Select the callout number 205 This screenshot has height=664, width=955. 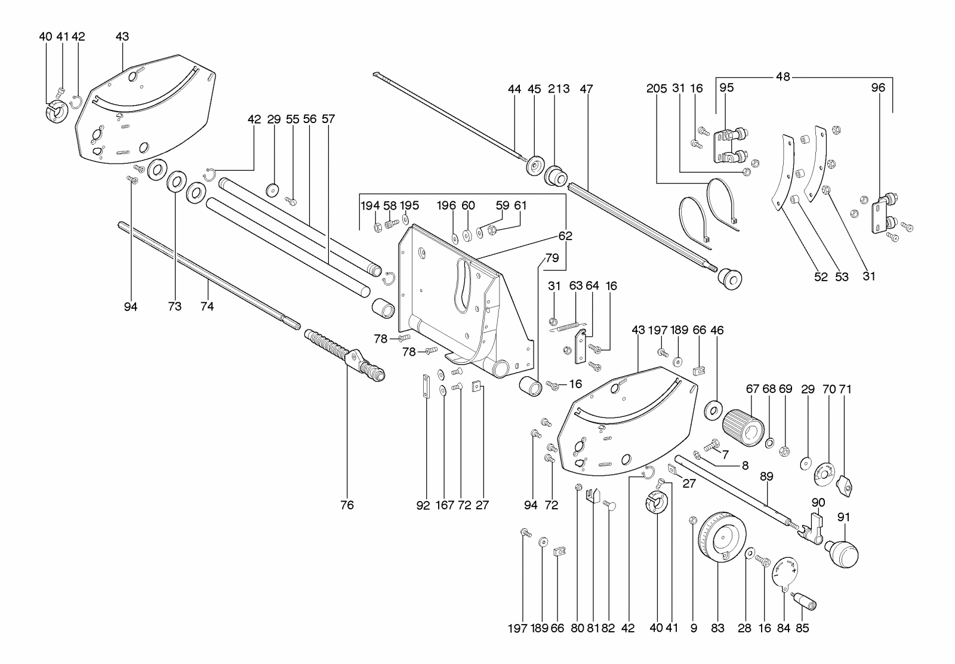[657, 89]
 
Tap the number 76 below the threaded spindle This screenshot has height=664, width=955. [347, 505]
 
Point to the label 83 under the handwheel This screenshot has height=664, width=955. [717, 628]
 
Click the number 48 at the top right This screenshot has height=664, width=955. [783, 76]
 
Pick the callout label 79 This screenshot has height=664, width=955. [552, 259]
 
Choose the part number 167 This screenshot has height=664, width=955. [445, 505]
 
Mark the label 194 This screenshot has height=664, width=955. [370, 205]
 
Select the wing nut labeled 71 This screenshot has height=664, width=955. [845, 485]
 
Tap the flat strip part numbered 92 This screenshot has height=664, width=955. [426, 388]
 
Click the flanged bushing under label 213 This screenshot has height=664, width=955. [556, 176]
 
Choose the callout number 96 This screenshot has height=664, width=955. [877, 88]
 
